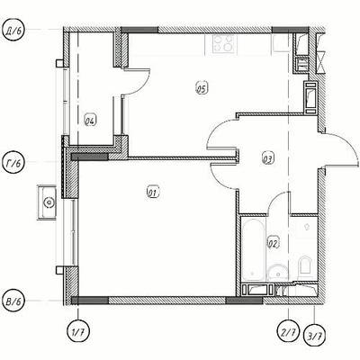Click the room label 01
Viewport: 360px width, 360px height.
(153, 193)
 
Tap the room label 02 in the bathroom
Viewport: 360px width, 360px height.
(273, 243)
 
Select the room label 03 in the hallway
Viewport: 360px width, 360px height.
(268, 158)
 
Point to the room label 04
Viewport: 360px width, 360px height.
(90, 121)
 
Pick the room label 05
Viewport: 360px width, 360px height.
(202, 88)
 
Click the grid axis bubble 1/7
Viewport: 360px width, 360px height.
(78, 331)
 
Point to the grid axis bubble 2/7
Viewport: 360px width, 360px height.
(289, 331)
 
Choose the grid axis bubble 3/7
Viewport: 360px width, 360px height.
(314, 334)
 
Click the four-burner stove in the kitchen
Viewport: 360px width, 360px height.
(223, 44)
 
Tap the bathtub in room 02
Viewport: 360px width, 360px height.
(253, 250)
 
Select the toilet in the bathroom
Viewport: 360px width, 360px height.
(304, 265)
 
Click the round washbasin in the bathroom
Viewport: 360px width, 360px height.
(278, 273)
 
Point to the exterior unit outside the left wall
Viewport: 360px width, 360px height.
(47, 202)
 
